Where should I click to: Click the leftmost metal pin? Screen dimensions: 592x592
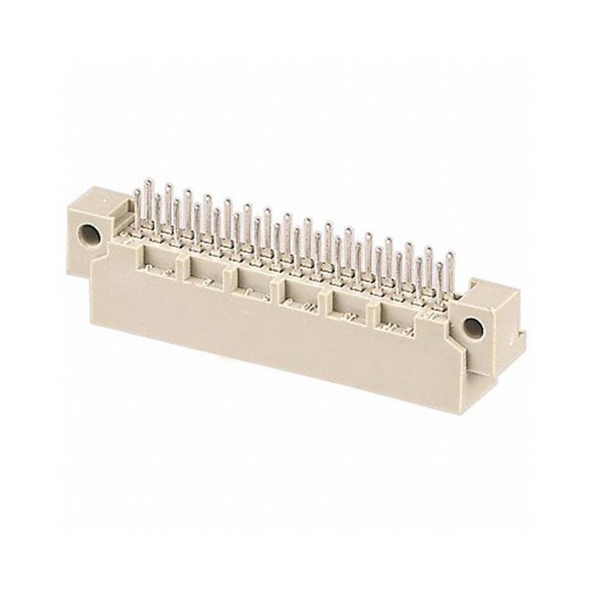138,207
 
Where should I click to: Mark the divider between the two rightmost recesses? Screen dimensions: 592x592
374,309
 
